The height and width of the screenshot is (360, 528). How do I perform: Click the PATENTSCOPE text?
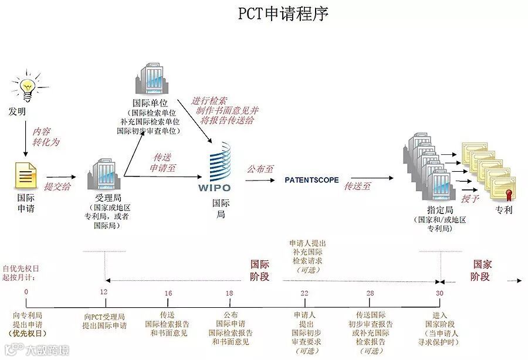(x=312, y=180)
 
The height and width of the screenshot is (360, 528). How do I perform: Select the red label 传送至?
(x=357, y=186)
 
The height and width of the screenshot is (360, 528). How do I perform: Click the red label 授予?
(x=471, y=198)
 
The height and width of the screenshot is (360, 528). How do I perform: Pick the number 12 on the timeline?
(x=104, y=292)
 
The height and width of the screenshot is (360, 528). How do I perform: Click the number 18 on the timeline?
(x=229, y=292)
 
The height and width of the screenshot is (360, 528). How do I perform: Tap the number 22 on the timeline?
(x=304, y=292)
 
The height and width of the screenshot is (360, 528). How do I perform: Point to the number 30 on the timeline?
(x=439, y=292)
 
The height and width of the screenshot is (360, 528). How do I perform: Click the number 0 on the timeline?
(x=26, y=292)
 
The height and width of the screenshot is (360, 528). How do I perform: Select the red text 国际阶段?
(x=260, y=270)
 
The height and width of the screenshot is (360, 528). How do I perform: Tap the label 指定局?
(x=439, y=210)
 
